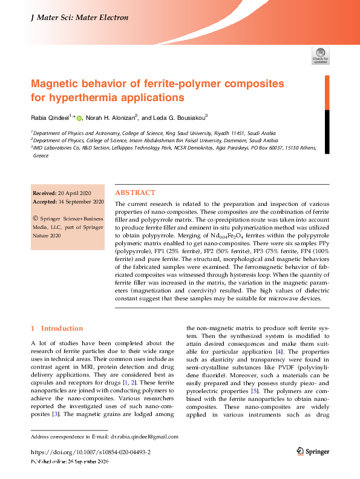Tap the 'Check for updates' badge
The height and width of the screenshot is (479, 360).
[320, 55]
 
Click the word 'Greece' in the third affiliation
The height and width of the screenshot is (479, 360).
[40, 155]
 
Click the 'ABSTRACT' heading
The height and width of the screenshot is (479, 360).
[135, 192]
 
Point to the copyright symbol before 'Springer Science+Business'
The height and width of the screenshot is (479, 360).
[35, 216]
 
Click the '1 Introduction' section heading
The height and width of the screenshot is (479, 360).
[57, 328]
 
